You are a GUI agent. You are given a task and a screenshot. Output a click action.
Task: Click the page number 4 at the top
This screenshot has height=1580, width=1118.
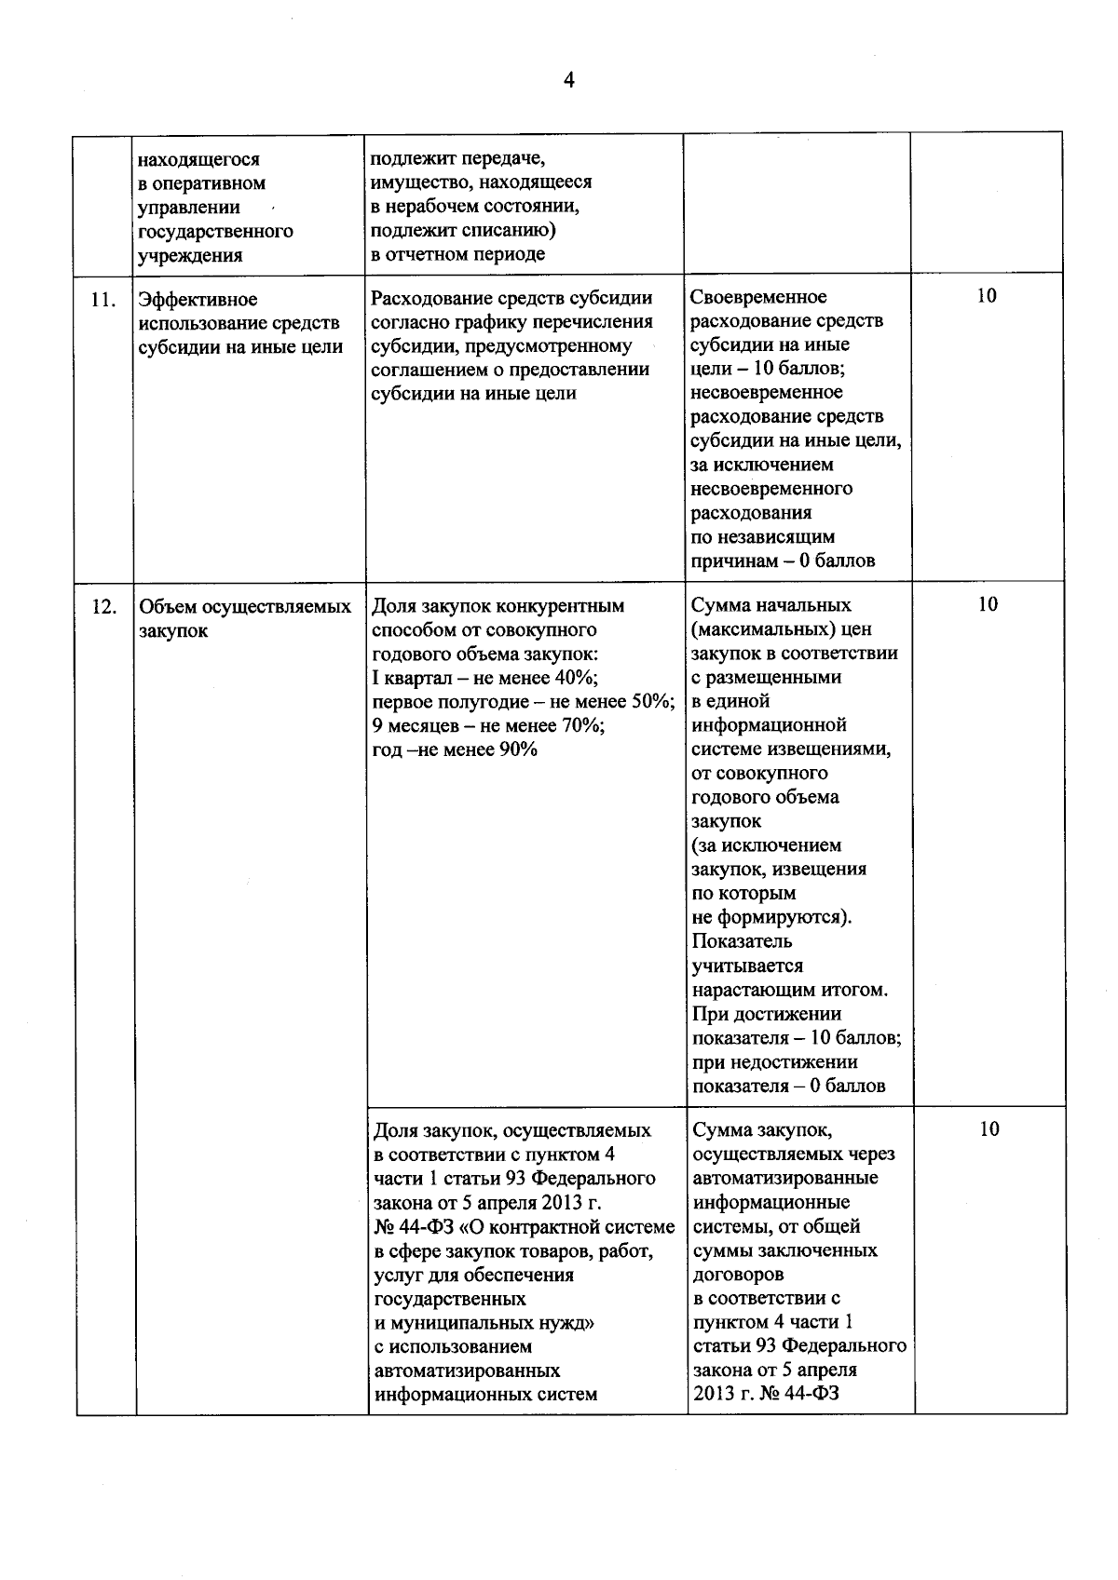[568, 81]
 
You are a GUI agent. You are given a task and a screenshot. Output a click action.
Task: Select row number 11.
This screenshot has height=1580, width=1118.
[103, 300]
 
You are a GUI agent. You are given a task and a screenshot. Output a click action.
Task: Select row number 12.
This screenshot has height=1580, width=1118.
[103, 607]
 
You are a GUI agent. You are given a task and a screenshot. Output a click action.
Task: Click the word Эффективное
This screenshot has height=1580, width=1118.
[198, 300]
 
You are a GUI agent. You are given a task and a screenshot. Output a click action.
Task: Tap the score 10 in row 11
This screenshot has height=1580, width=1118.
[987, 296]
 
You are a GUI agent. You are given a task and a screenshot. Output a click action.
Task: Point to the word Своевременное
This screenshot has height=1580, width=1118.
[758, 297]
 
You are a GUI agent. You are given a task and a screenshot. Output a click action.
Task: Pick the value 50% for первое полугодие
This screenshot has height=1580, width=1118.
[653, 702]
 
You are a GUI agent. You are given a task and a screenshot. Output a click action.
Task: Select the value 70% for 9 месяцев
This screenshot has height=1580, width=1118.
[582, 726]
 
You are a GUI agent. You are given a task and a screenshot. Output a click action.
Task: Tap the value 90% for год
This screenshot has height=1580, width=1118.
[516, 750]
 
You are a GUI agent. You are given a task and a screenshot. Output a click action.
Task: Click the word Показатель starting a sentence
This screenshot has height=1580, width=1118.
[742, 942]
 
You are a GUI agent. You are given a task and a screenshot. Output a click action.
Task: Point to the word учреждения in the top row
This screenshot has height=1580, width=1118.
[190, 255]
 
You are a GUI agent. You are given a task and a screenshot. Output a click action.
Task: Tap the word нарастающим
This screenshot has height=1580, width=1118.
[751, 991]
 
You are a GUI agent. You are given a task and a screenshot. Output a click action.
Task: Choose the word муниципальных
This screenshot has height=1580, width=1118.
[459, 1323]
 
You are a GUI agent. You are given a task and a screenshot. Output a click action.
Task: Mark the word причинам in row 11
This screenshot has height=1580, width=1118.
[731, 561]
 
